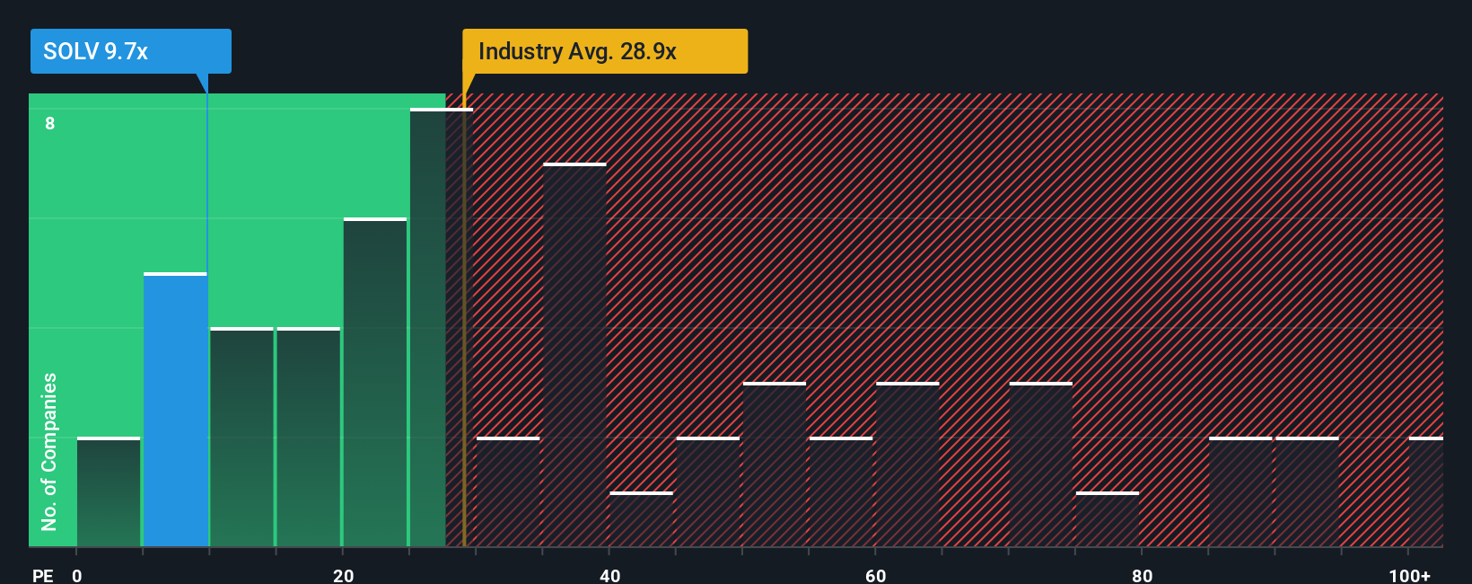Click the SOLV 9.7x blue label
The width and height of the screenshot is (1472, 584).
[130, 51]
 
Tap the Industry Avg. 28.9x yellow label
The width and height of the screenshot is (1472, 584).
[604, 51]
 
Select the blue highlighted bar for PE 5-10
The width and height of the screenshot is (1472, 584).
[175, 410]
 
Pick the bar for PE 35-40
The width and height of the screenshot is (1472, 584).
[574, 355]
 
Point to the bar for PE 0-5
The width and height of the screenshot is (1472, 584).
[109, 492]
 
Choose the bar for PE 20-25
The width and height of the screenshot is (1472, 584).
[375, 383]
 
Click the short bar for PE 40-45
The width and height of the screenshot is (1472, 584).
[641, 519]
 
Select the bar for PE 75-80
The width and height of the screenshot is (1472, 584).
[1108, 519]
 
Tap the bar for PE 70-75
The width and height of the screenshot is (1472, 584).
[1041, 465]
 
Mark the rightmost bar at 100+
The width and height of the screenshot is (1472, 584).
[1426, 492]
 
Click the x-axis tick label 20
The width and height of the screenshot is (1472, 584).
[343, 575]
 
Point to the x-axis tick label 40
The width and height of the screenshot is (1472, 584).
[609, 575]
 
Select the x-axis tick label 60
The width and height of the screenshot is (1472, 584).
[876, 575]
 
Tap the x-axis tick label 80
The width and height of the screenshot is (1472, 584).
[1142, 575]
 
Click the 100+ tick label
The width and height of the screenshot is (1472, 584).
[1409, 575]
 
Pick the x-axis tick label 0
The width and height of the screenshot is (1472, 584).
[77, 575]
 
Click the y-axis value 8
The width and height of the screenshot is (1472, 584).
[50, 123]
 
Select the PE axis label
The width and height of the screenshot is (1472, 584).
[42, 575]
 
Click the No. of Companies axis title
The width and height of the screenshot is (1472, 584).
[49, 451]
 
